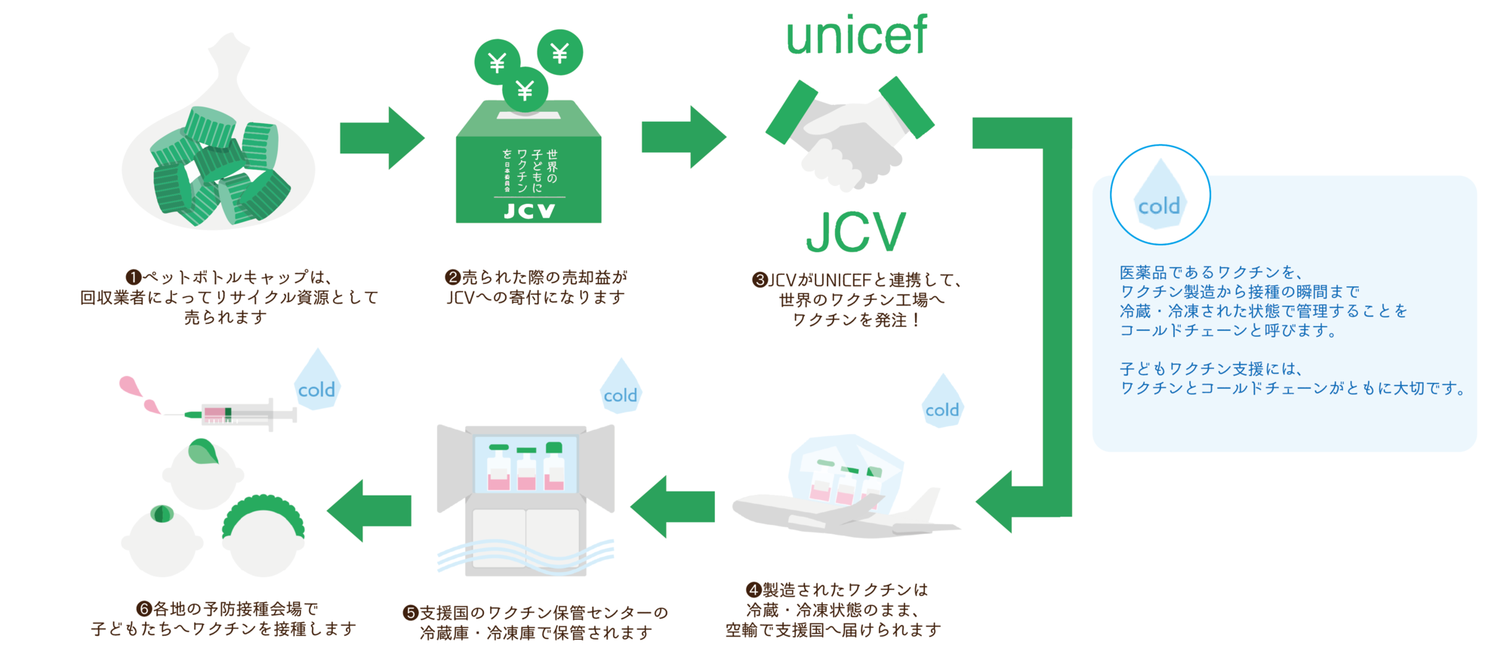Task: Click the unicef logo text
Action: [x=856, y=36]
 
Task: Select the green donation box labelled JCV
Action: [x=528, y=166]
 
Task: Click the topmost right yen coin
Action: [x=559, y=52]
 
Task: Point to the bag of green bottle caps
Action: [x=219, y=151]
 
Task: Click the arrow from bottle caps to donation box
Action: [x=381, y=138]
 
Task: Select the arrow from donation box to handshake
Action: [x=683, y=137]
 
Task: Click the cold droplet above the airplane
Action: [x=942, y=403]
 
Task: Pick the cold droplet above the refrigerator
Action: [x=621, y=389]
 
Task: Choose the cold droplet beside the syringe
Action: [x=317, y=383]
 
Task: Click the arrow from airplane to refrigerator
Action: [x=672, y=506]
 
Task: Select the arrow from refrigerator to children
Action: [x=369, y=511]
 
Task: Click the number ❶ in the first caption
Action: [x=134, y=277]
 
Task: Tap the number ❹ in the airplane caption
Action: [x=753, y=589]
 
